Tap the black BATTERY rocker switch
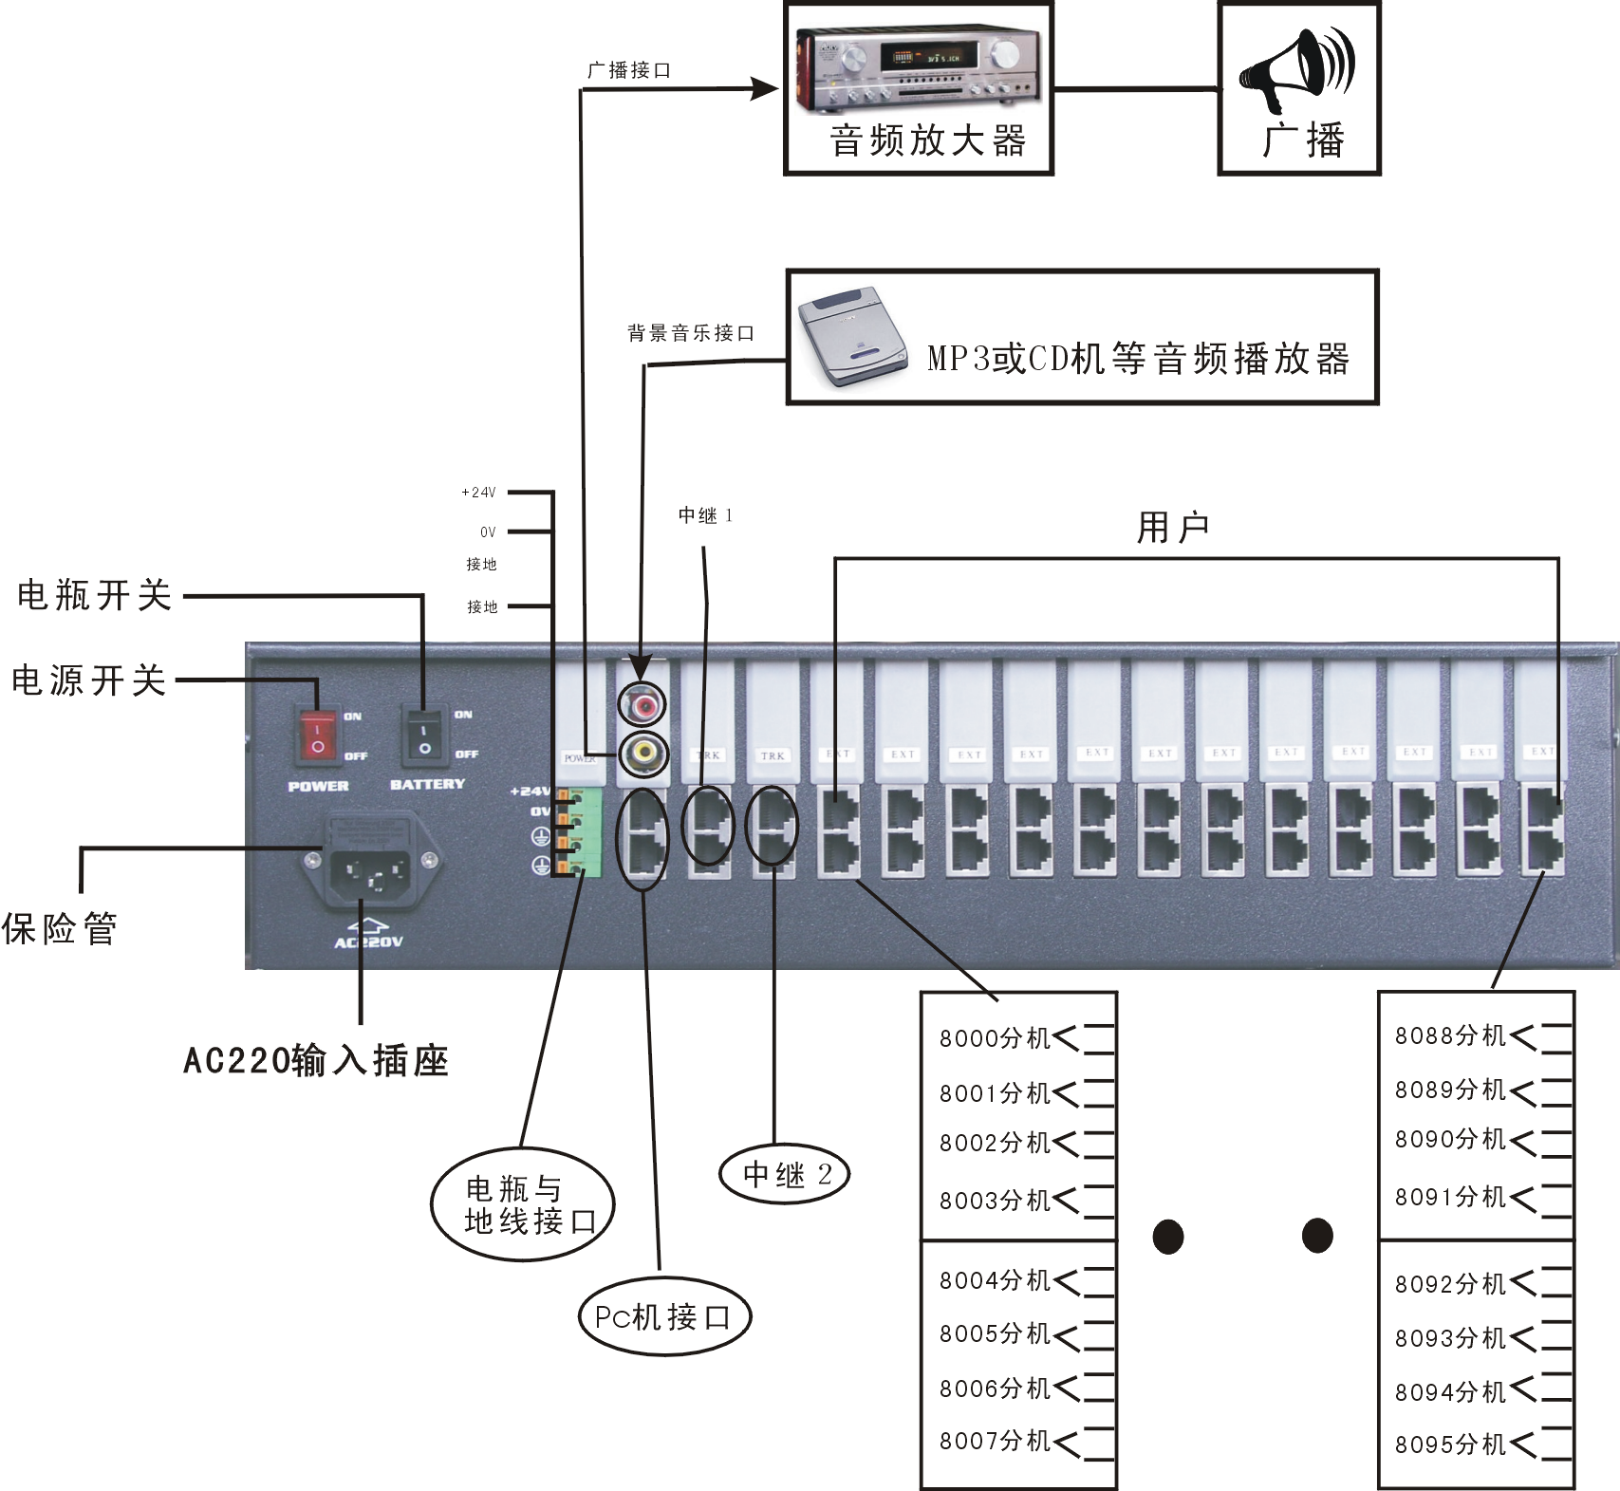point(424,735)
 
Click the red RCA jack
point(644,704)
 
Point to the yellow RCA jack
point(644,755)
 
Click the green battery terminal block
point(579,831)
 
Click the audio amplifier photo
point(918,66)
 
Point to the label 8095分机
point(1450,1444)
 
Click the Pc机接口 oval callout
point(664,1316)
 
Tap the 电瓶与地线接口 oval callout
point(525,1204)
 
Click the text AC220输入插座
point(316,1060)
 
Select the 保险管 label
point(59,928)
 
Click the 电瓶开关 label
point(94,595)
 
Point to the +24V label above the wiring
point(478,493)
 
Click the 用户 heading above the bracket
point(1173,528)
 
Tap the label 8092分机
point(1450,1284)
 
